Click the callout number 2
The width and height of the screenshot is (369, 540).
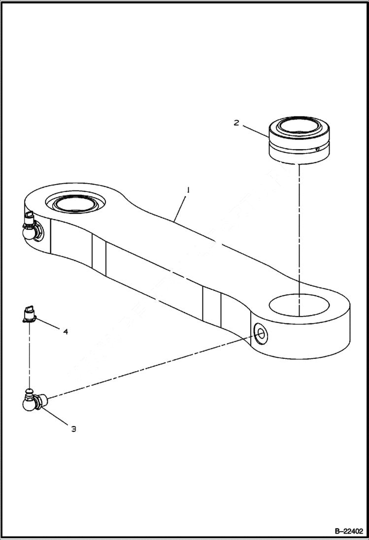coord(236,123)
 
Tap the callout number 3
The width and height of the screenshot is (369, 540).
coord(73,429)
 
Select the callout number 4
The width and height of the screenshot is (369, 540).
coord(65,331)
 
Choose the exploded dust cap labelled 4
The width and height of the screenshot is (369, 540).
coord(30,314)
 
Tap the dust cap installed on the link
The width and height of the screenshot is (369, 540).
coord(29,217)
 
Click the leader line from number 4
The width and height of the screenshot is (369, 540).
coord(50,324)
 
